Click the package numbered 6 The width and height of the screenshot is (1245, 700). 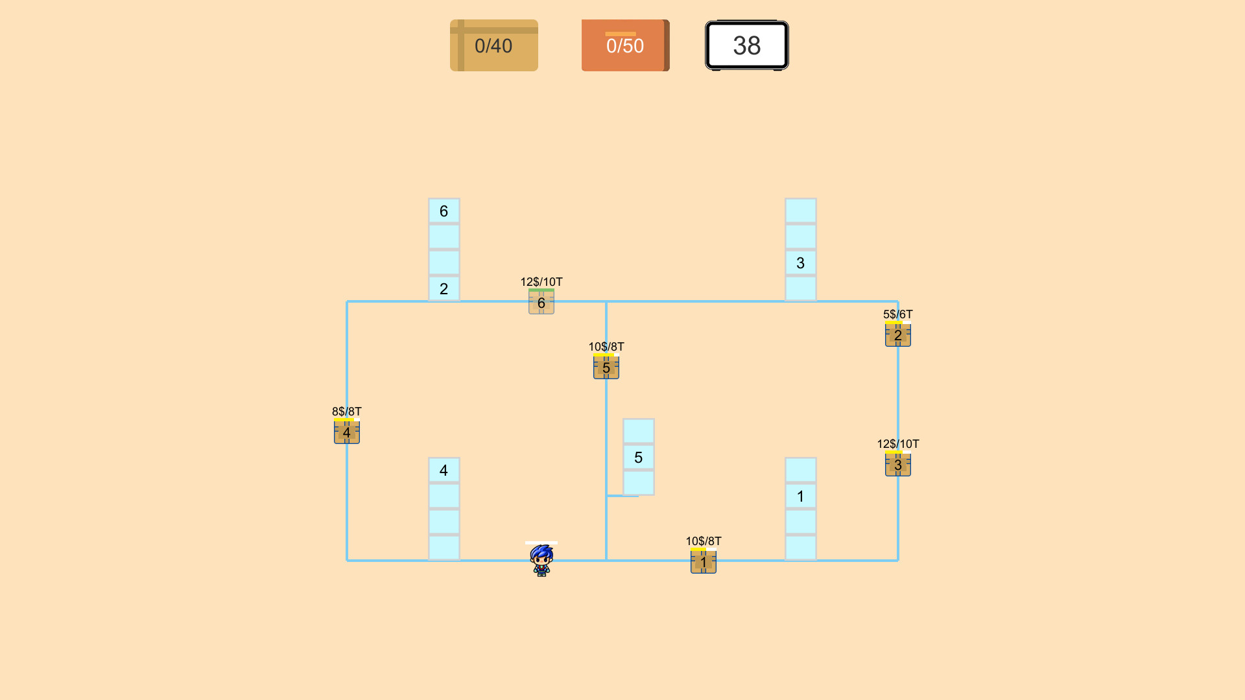pos(541,303)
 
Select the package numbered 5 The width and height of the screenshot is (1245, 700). pos(606,367)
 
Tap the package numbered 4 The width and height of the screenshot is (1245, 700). pos(346,432)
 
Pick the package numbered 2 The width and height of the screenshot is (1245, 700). pos(897,335)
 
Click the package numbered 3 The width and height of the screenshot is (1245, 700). pos(897,465)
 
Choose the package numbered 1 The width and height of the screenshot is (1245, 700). pos(703,562)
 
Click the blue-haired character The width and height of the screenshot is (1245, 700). pos(541,561)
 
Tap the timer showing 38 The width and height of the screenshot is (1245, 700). pos(746,45)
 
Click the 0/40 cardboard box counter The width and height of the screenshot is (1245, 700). pos(493,45)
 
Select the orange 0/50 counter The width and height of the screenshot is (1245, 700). pos(625,45)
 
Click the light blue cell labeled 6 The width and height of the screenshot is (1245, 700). pos(444,211)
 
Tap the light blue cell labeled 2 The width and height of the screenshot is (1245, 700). pos(444,288)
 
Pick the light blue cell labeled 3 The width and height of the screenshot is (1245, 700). pos(800,262)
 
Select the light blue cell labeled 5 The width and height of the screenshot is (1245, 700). pos(638,457)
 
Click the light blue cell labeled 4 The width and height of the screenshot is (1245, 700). pos(444,470)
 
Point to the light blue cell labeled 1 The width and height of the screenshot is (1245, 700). pos(800,496)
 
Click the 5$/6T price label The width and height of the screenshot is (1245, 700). pos(897,314)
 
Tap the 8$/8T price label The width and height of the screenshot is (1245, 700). pos(346,412)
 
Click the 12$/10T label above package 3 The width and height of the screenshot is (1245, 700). pos(897,444)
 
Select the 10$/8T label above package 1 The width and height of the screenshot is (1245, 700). pos(703,541)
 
